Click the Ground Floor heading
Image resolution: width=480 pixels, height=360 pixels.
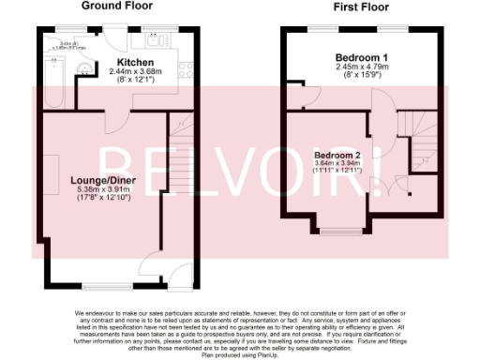pyautogui.click(x=116, y=6)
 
